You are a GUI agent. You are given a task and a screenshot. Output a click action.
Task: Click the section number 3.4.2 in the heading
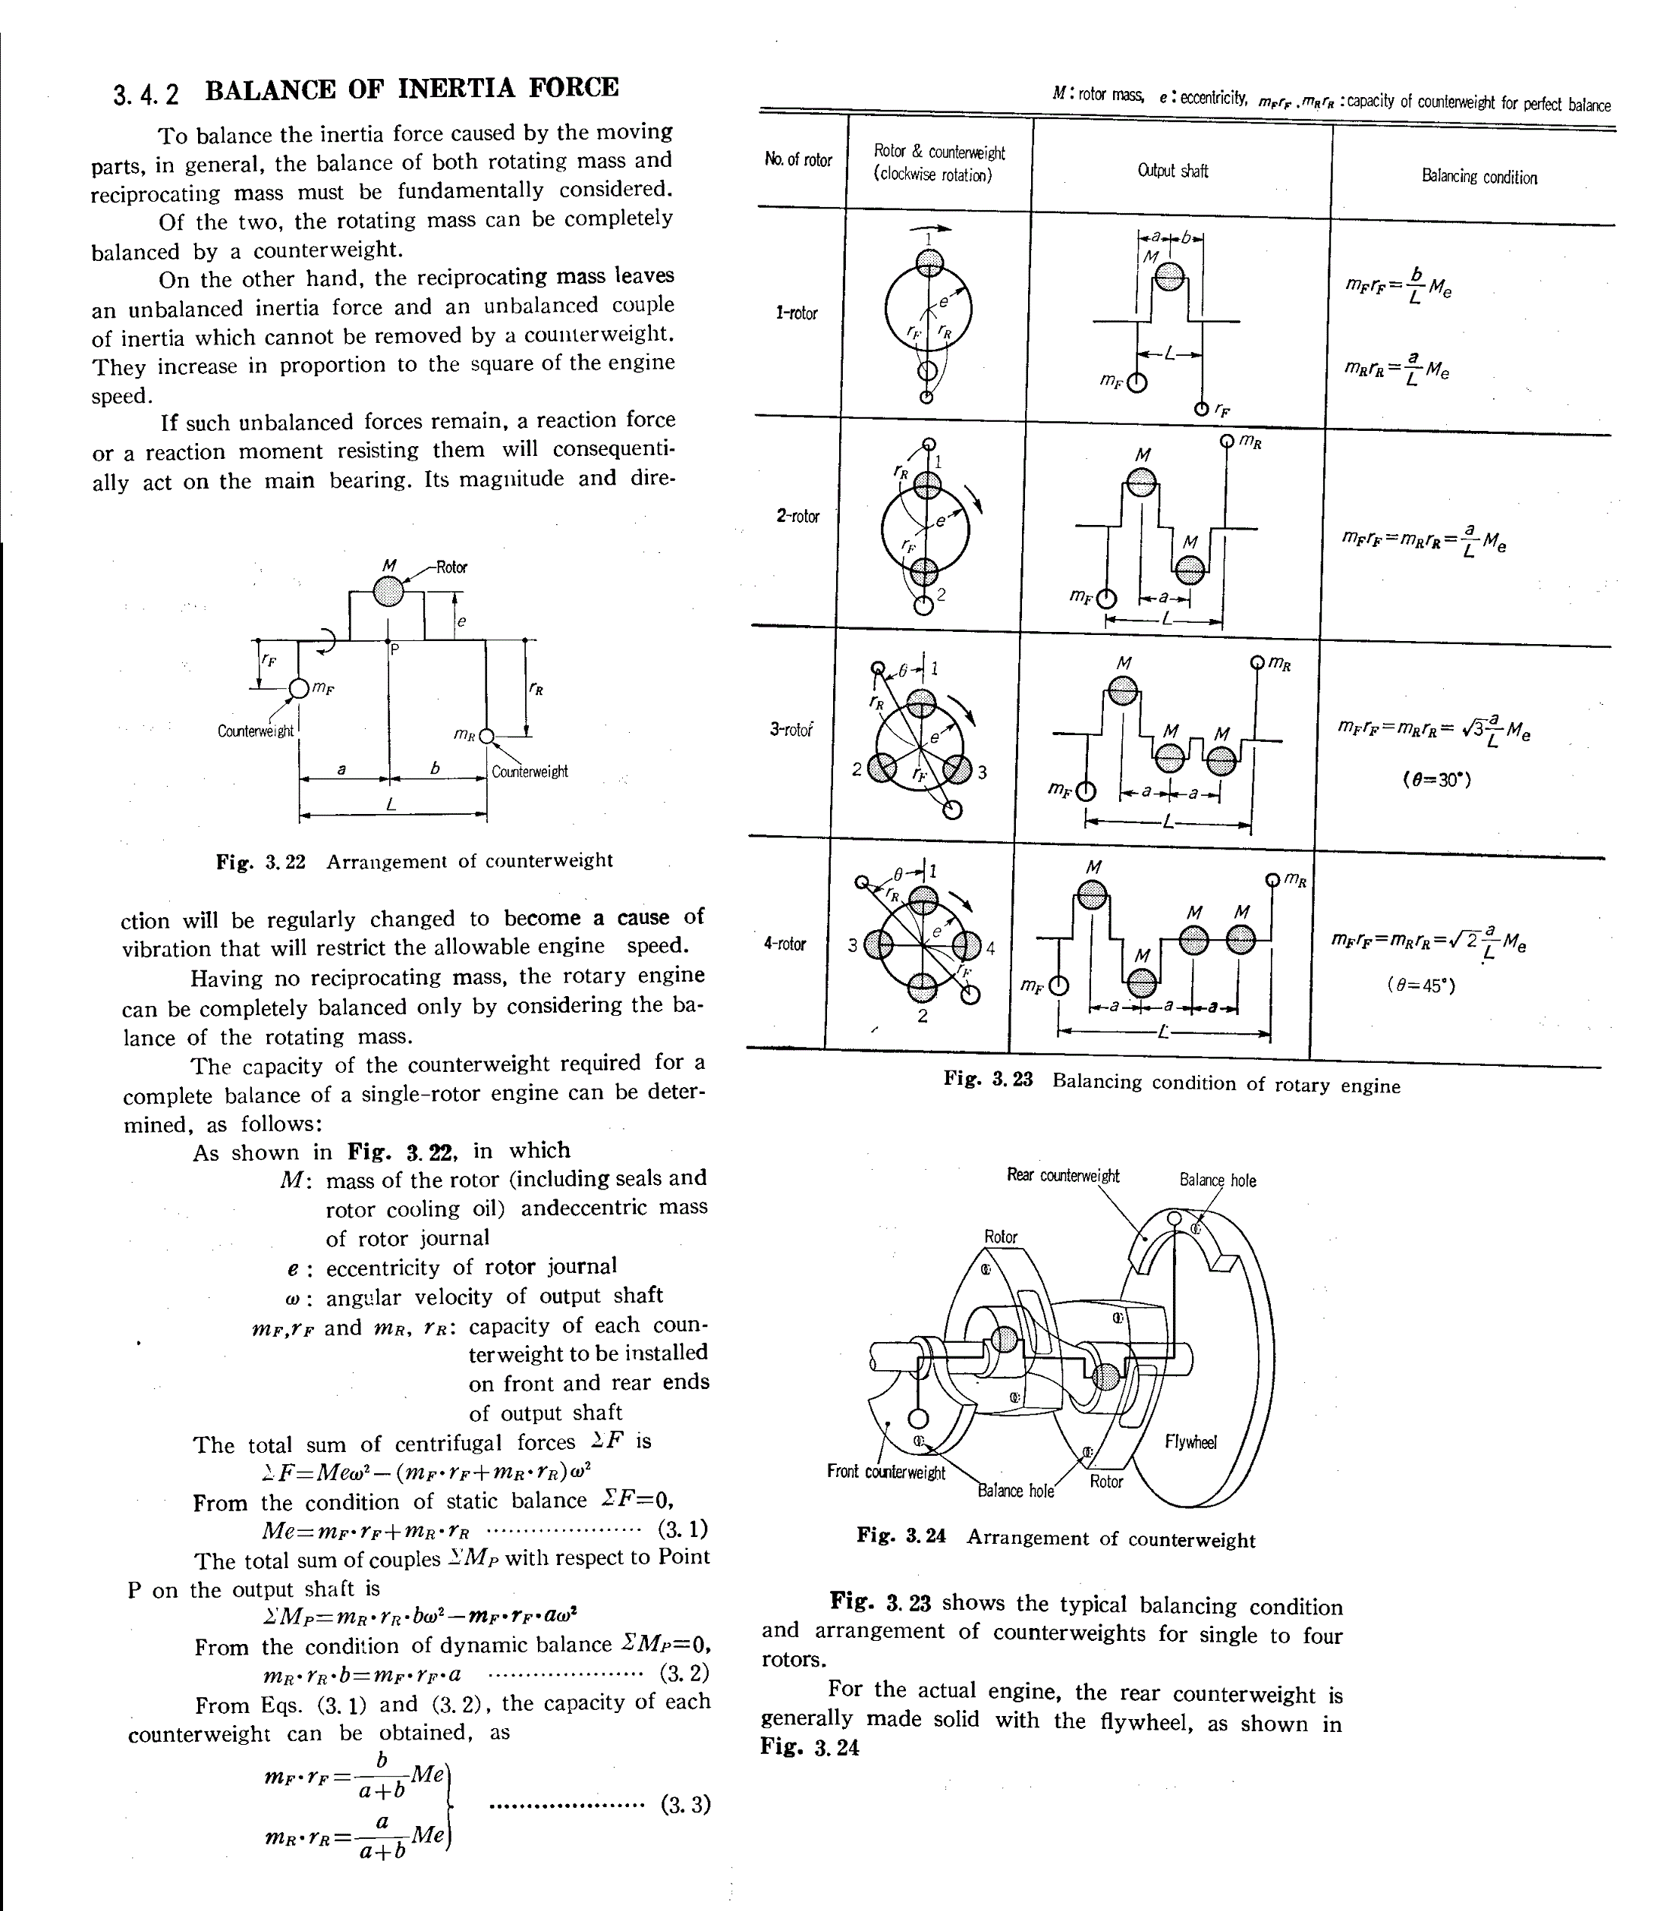146,94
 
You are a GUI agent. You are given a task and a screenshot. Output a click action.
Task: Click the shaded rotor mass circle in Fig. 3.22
389,589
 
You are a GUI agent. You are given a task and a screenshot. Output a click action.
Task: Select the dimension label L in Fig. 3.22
391,805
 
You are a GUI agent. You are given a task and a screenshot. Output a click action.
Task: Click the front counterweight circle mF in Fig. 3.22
299,688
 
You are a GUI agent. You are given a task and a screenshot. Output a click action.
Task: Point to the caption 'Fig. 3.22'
260,862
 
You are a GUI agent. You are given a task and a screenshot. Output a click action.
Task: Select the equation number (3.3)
686,1804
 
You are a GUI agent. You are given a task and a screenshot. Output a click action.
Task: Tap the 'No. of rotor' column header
798,159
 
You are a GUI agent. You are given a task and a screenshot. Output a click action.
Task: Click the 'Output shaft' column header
1172,171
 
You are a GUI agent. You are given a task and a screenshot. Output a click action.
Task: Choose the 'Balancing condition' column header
1479,178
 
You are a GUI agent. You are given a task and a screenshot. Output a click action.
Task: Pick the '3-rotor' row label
792,729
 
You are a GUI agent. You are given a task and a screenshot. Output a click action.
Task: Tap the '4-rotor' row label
785,944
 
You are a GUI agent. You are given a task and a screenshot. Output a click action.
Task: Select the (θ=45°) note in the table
1420,985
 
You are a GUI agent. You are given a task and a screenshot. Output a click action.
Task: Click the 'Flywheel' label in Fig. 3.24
1190,1441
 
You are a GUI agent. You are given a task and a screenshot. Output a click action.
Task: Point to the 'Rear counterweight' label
1062,1176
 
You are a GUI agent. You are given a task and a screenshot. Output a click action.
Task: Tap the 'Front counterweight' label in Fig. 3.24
886,1471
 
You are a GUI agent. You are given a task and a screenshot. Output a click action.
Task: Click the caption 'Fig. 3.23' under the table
988,1079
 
